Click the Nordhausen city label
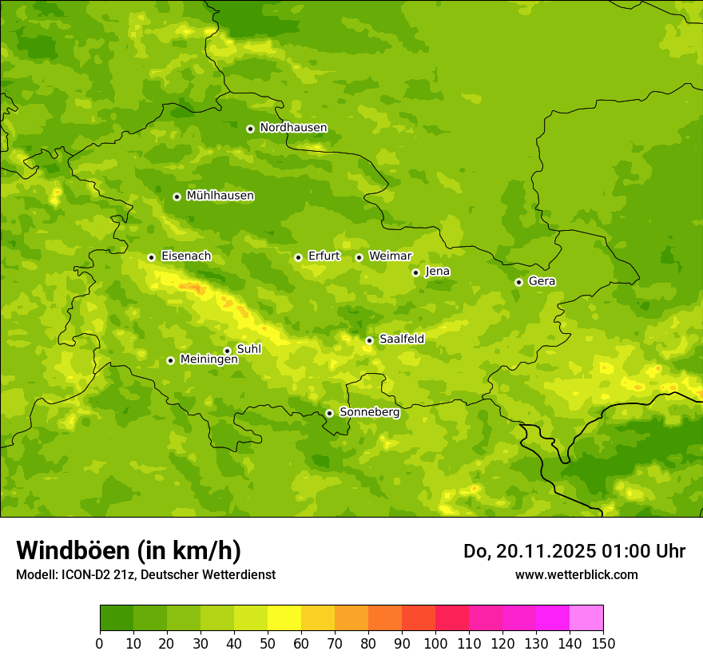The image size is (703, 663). click(x=293, y=128)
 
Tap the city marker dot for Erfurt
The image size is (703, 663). click(x=298, y=257)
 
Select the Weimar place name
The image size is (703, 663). click(x=390, y=256)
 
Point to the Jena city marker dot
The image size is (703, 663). click(x=415, y=272)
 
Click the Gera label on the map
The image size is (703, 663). click(x=542, y=281)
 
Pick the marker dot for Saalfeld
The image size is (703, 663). click(x=369, y=340)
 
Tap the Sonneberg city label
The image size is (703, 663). click(x=369, y=412)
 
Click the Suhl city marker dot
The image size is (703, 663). click(x=227, y=351)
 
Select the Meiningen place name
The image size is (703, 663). click(x=209, y=359)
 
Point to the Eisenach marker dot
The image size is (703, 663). click(x=151, y=257)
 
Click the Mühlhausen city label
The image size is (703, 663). click(x=220, y=196)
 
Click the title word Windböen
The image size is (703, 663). click(x=73, y=550)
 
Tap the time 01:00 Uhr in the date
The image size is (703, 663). click(x=635, y=551)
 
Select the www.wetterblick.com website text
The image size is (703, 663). click(x=576, y=574)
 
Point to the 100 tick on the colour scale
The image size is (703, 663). click(x=435, y=643)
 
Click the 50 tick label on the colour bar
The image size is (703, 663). click(x=268, y=643)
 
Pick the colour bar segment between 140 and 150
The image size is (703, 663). click(x=586, y=618)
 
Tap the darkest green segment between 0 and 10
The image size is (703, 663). click(x=117, y=618)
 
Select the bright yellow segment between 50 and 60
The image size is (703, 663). click(x=284, y=618)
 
